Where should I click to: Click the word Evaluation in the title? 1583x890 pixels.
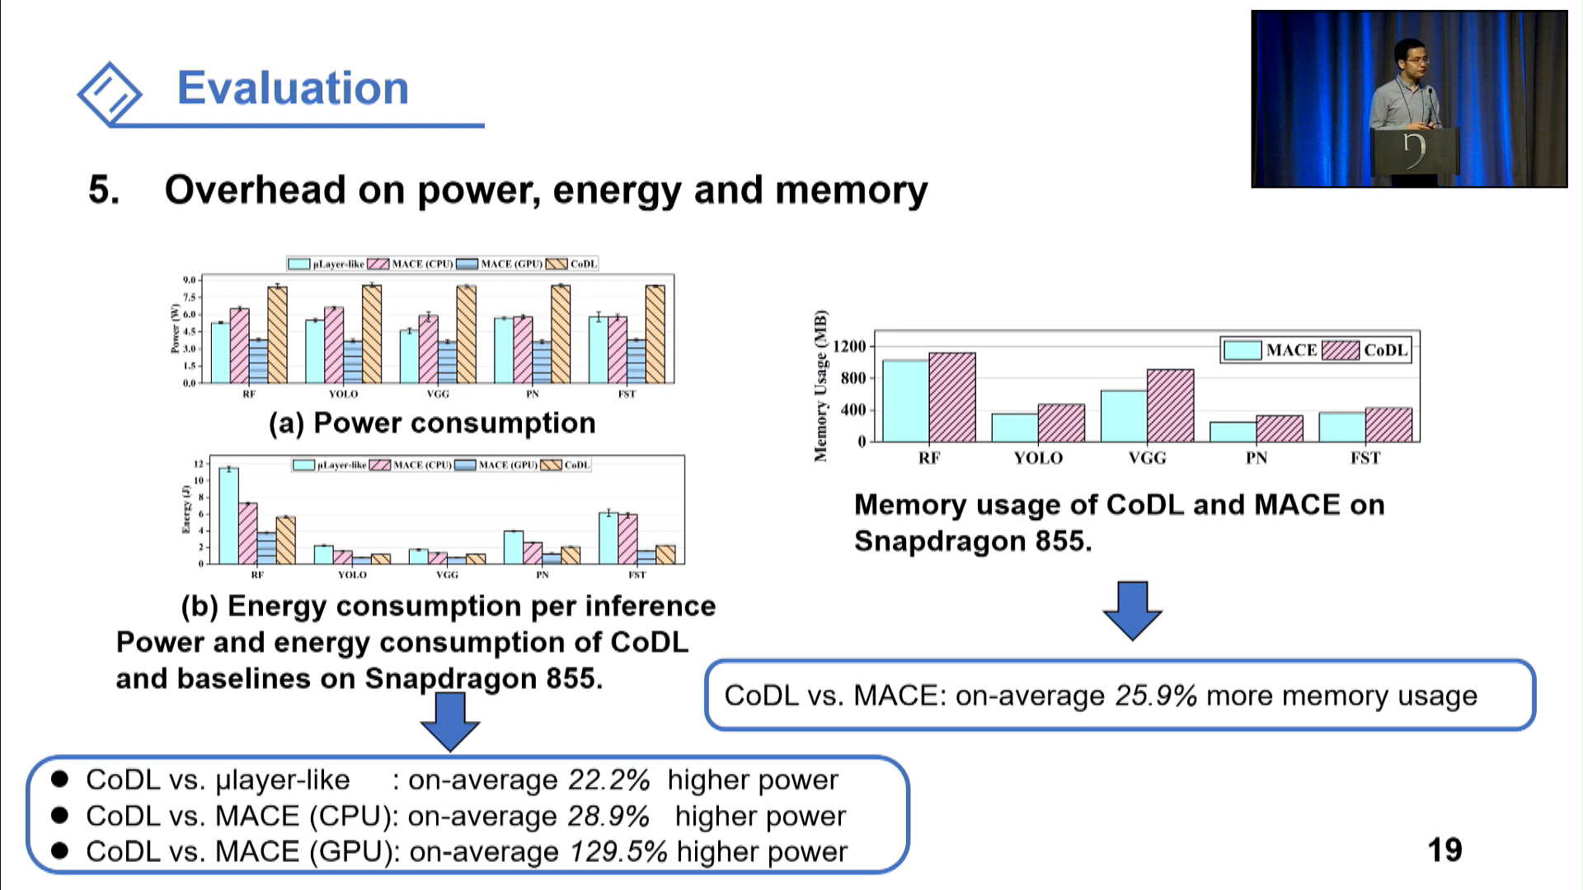[293, 87]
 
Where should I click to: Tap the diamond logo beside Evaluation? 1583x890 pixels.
[110, 93]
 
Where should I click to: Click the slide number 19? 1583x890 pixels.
[1444, 850]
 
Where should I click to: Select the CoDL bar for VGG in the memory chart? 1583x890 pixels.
[1170, 405]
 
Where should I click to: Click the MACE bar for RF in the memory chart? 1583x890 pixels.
[905, 401]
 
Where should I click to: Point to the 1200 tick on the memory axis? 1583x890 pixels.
[849, 346]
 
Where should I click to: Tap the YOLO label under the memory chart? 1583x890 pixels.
[1037, 458]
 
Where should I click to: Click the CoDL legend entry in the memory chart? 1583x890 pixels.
[1384, 350]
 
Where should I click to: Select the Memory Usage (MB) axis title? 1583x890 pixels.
[820, 386]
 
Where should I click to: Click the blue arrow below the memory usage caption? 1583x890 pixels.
[1132, 611]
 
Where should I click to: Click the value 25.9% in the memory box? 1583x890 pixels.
[1155, 696]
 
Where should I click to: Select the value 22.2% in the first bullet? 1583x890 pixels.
[608, 780]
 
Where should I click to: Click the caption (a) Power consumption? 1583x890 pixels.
[432, 423]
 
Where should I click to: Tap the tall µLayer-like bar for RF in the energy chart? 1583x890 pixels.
[228, 516]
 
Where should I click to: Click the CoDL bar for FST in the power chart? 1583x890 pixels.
[655, 334]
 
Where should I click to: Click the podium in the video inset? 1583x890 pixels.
[1413, 152]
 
